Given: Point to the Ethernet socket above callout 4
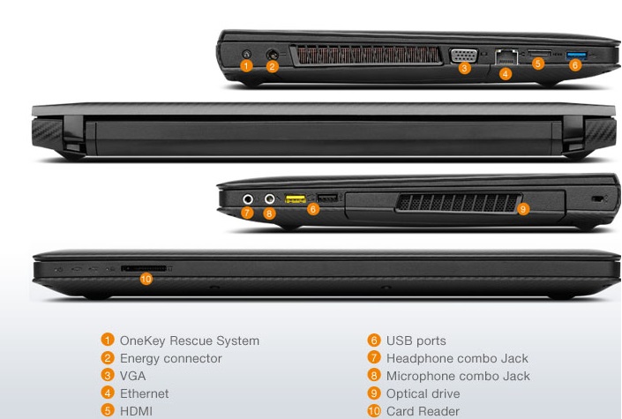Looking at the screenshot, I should click(506, 56).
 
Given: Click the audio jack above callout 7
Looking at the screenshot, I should click(248, 199).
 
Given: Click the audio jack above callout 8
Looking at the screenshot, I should click(270, 199).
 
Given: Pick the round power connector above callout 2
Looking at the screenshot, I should click(272, 53).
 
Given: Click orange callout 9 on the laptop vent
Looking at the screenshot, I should click(522, 209).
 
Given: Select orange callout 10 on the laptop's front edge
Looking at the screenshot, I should click(146, 278).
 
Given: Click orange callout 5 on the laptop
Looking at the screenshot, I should click(538, 64).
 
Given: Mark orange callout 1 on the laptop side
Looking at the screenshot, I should click(247, 65).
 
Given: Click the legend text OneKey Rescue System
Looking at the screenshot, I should click(190, 340).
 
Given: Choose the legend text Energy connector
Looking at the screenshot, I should click(170, 358).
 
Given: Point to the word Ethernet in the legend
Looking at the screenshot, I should click(144, 393).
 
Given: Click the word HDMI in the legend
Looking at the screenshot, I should click(136, 411).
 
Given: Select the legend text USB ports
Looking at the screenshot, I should click(416, 340).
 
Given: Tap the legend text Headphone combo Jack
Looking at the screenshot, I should click(457, 358).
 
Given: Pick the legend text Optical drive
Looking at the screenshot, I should click(423, 393).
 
